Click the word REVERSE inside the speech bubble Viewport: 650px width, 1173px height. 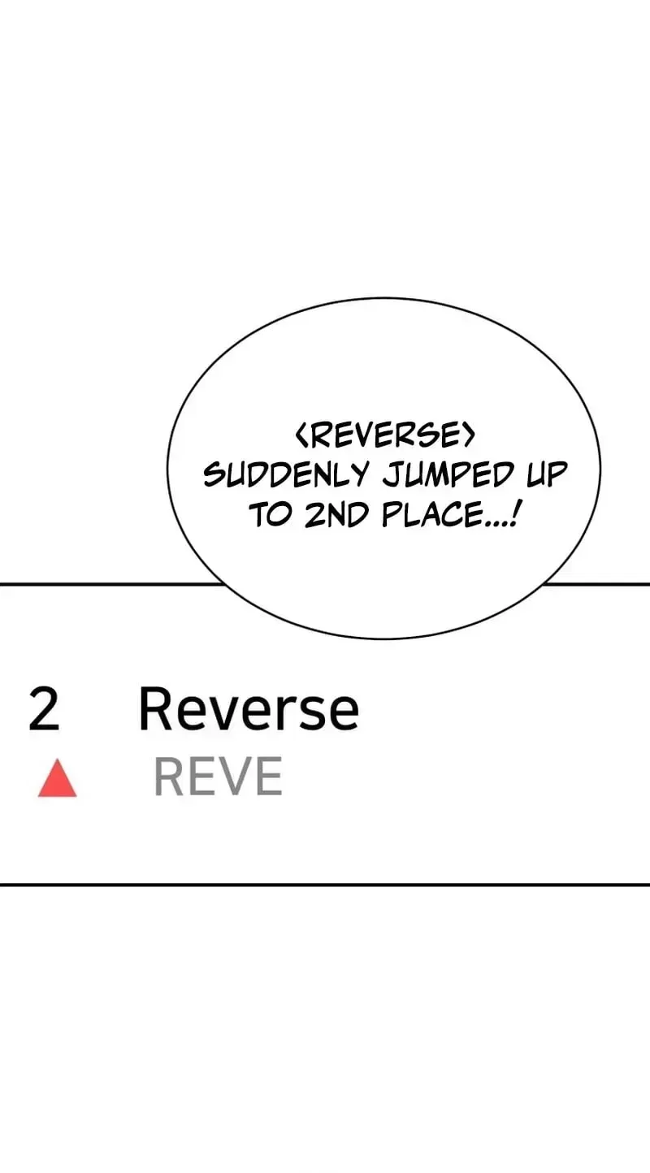click(x=385, y=435)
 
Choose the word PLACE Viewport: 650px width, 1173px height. click(x=431, y=515)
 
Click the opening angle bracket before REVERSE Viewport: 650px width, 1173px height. click(x=301, y=435)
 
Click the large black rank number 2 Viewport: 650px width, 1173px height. click(x=44, y=708)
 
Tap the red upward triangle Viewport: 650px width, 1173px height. click(x=58, y=778)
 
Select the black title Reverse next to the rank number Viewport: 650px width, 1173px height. click(x=249, y=708)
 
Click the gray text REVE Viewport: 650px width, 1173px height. click(x=219, y=776)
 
